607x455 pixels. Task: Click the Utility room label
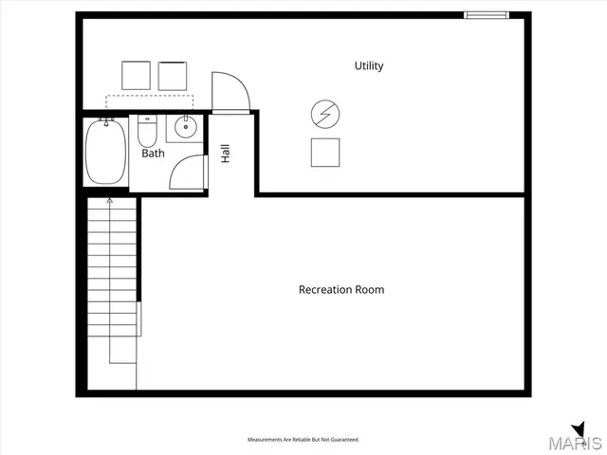(369, 65)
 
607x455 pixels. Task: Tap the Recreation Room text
(341, 289)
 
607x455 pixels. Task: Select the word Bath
(153, 153)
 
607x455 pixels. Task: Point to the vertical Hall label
(226, 154)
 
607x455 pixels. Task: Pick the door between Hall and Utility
(230, 92)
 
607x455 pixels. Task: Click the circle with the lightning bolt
(324, 115)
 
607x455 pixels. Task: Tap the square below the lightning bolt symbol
(325, 152)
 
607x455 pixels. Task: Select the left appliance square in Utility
(137, 76)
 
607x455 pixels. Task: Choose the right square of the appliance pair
(173, 76)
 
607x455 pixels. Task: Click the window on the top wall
(486, 14)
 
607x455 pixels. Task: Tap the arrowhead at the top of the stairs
(111, 201)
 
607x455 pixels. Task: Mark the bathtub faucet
(106, 122)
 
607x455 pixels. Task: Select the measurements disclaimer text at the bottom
(303, 440)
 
